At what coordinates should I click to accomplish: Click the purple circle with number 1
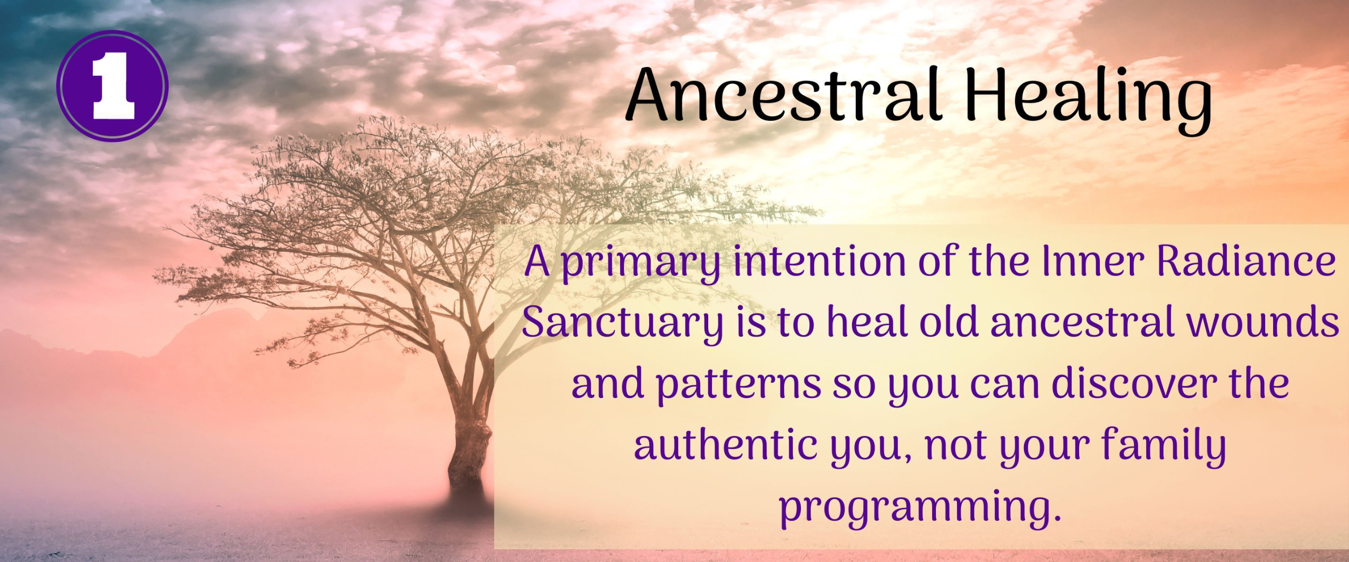pos(112,86)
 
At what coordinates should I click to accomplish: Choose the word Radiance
pos(1246,261)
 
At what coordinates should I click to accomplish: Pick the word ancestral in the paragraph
pos(1082,322)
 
